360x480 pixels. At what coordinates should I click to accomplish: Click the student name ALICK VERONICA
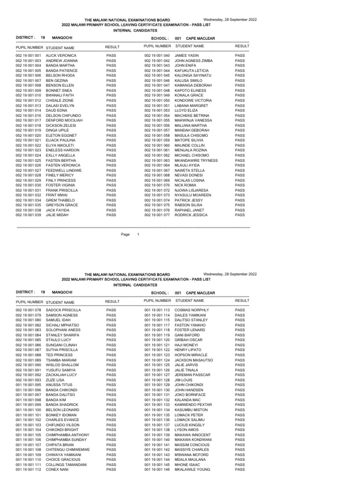tap(61, 55)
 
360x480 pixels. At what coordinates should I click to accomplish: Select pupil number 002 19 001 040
tap(157, 55)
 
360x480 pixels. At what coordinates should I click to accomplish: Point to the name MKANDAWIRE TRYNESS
tap(196, 160)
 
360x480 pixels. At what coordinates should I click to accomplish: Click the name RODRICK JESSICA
tap(191, 215)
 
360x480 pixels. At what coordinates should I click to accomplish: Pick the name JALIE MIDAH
tap(58, 215)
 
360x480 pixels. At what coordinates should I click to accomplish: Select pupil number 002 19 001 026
tap(29, 165)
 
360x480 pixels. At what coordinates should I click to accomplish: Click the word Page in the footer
tap(125, 234)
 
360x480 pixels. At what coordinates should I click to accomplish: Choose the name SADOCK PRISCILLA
tap(64, 310)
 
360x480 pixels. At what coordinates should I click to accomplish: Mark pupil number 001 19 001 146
tap(157, 469)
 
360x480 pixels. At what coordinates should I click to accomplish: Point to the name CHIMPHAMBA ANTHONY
tap(68, 435)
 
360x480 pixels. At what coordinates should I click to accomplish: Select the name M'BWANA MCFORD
tap(192, 454)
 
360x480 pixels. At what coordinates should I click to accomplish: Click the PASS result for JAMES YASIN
tap(240, 55)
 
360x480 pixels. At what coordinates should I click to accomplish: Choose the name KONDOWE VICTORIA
tap(193, 100)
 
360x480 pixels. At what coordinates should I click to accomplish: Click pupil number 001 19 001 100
tap(29, 409)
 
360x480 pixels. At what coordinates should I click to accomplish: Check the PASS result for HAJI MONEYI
tap(240, 345)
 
